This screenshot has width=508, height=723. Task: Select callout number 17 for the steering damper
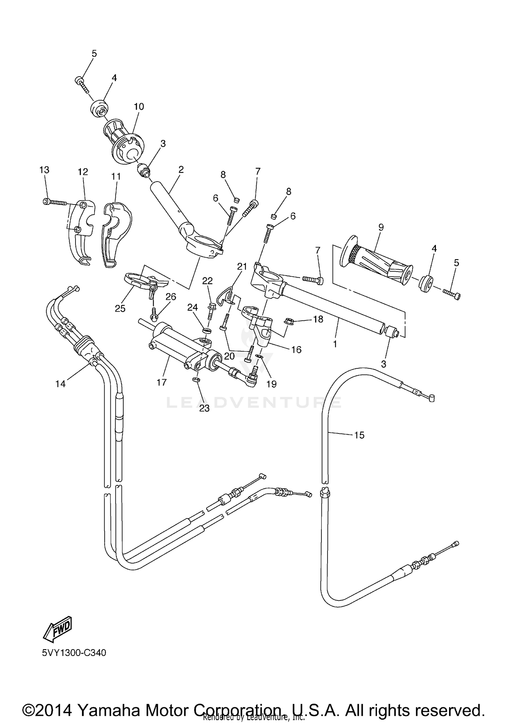(x=162, y=382)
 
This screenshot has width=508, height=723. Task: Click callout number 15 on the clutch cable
(x=359, y=435)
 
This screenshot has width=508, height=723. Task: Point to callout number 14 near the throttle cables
(x=61, y=384)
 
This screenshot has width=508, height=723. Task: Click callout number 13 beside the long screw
(x=44, y=170)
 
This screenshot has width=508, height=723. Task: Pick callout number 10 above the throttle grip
(x=139, y=107)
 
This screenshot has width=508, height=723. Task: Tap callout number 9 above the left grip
(x=381, y=227)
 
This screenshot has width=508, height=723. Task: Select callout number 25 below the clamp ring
(x=120, y=308)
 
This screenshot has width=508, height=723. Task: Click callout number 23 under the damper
(x=204, y=408)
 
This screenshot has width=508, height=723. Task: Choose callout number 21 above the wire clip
(x=242, y=267)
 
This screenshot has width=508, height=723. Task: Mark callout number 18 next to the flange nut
(x=318, y=319)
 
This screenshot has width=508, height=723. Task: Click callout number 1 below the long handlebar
(x=335, y=344)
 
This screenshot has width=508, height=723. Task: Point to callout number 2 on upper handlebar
(x=181, y=170)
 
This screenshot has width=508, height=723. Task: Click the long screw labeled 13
(x=56, y=202)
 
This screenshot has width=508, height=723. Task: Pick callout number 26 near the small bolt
(x=171, y=297)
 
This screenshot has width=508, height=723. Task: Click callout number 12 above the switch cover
(x=83, y=172)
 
